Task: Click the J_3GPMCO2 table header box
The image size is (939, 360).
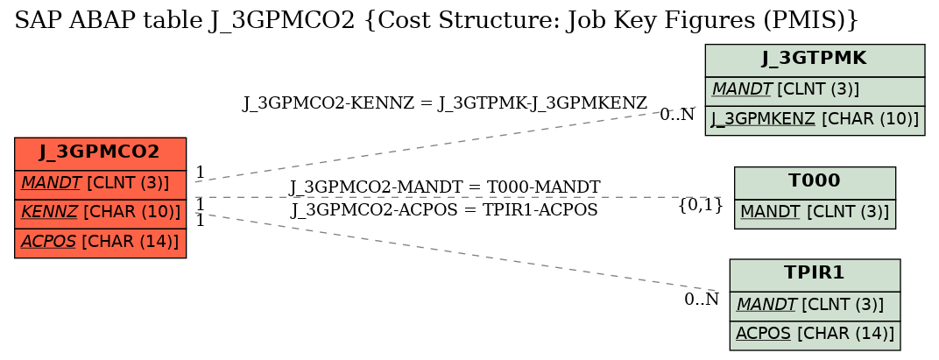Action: (100, 154)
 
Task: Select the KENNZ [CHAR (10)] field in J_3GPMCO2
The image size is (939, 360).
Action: (100, 213)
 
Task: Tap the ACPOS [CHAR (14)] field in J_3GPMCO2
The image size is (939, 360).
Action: (100, 243)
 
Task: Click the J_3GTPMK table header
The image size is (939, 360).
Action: (815, 60)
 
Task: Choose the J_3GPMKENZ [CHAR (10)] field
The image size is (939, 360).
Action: (815, 120)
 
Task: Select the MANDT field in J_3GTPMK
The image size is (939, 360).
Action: (815, 91)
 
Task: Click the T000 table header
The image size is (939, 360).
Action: (815, 183)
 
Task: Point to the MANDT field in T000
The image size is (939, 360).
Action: (815, 214)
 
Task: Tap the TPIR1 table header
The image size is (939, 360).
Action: (815, 275)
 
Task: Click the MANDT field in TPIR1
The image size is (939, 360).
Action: (815, 306)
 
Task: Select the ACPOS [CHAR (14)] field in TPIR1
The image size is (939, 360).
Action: (815, 335)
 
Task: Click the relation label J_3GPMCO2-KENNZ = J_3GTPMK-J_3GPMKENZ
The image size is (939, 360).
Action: (444, 103)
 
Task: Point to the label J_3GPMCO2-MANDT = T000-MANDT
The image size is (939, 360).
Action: (444, 187)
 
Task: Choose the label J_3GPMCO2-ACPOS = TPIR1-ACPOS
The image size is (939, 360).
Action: (444, 210)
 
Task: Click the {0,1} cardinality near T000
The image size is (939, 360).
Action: (701, 206)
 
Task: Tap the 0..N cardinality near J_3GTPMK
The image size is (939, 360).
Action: (677, 115)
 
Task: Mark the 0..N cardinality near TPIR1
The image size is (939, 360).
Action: (702, 300)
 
